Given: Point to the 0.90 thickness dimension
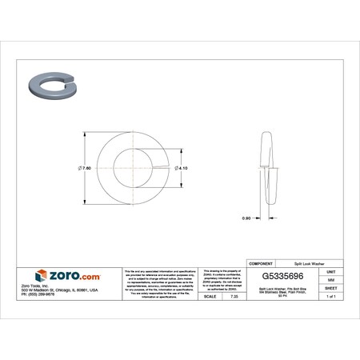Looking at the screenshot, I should click(x=247, y=218).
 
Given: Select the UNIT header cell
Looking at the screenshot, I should click(x=330, y=271).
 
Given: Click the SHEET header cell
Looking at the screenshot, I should click(x=330, y=288).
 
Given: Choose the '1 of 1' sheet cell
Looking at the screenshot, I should click(x=330, y=296).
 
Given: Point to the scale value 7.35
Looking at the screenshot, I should click(x=234, y=296).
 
